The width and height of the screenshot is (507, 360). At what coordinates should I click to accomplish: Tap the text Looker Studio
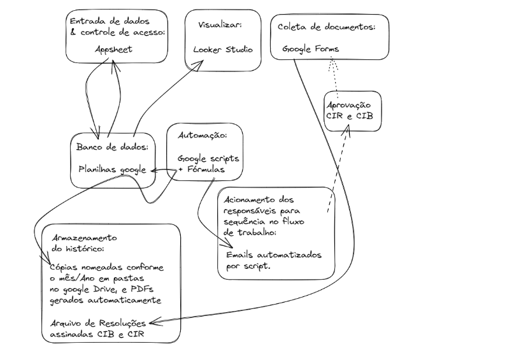click(223, 49)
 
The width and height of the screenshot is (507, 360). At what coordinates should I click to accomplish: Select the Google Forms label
click(311, 49)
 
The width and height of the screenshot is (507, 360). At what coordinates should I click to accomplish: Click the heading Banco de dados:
click(112, 147)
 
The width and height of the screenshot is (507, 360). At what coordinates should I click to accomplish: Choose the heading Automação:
click(201, 136)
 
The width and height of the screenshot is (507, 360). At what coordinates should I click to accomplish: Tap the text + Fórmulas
click(201, 170)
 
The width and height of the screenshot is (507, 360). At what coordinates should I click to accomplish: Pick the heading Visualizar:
click(218, 25)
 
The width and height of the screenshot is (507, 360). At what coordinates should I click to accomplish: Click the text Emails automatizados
click(274, 256)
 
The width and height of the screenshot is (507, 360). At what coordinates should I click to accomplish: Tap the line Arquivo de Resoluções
click(97, 322)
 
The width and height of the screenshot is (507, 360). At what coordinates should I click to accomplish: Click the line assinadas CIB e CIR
click(95, 334)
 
